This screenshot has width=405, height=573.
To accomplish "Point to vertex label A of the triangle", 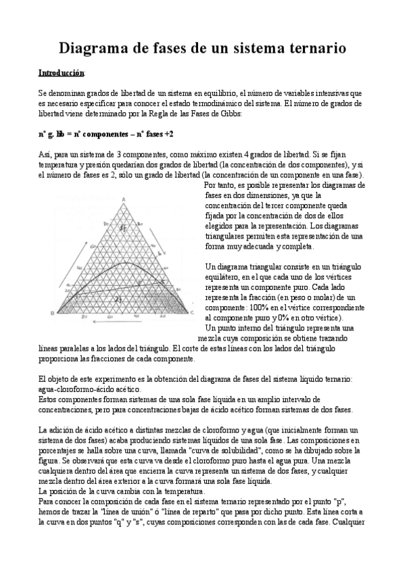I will coord(124,198).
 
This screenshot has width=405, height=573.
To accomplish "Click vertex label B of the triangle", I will coord(52,312).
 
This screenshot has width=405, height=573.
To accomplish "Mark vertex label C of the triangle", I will coord(192,313).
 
